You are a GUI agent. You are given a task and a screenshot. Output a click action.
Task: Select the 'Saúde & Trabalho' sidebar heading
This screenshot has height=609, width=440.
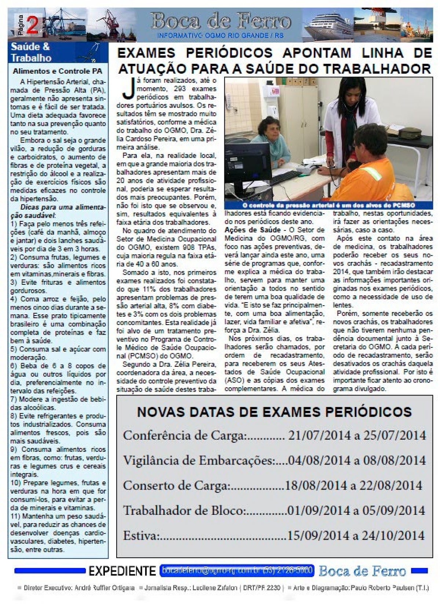coord(31,52)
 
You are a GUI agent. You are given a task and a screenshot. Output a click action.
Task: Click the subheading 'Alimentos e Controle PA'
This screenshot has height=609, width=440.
coord(58,71)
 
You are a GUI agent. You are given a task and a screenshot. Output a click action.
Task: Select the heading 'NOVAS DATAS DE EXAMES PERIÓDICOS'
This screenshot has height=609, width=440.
coord(274,411)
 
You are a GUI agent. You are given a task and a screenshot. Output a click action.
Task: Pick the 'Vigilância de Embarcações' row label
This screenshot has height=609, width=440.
coord(198,461)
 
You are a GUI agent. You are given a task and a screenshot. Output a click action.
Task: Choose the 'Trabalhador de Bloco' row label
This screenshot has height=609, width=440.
coord(184,510)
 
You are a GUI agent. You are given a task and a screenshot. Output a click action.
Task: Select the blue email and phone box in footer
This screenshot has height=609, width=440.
coord(237,571)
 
